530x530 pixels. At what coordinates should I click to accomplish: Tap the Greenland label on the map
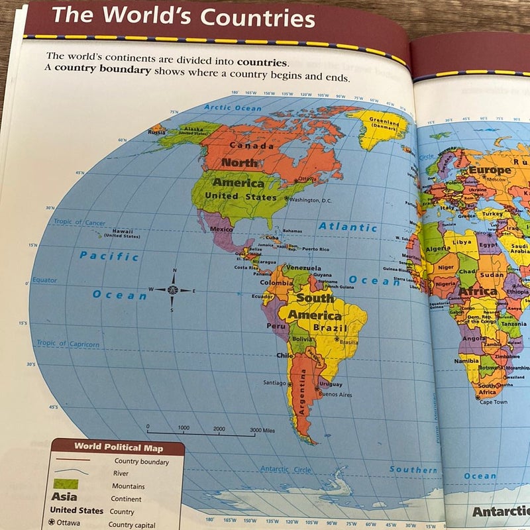(x=384, y=124)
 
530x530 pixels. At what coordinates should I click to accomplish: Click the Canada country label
(x=251, y=146)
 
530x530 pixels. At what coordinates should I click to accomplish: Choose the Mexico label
(x=221, y=229)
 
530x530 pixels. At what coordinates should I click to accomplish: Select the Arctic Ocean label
(x=233, y=107)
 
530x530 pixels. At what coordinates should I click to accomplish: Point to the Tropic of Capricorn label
(x=68, y=344)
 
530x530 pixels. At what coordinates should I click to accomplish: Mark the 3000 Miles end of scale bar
(x=263, y=431)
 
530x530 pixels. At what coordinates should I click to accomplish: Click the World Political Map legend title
(x=118, y=447)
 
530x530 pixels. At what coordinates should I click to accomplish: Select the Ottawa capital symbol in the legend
(x=54, y=523)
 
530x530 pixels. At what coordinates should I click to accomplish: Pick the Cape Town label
(x=494, y=402)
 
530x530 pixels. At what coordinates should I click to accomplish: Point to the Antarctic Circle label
(x=286, y=469)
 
